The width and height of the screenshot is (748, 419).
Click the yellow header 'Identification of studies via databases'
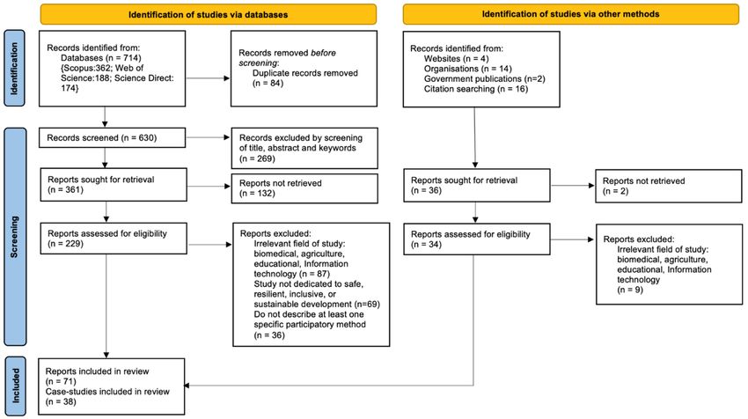pos(208,14)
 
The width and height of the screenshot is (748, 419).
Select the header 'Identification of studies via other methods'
pos(570,14)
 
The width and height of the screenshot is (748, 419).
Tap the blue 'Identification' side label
pos(14,68)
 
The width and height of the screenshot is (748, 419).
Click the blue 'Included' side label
pos(15,386)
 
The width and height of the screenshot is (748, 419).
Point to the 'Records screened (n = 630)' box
pos(112,137)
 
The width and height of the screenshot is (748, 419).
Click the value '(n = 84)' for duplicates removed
pos(268,83)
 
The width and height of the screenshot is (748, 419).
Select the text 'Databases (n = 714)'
pos(100,58)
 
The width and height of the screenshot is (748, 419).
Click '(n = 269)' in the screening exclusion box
pos(257,158)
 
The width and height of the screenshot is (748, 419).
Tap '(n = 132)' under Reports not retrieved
pos(257,194)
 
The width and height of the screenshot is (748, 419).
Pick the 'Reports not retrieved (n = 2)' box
pos(668,186)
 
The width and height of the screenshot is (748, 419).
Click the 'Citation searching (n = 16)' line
pos(475,89)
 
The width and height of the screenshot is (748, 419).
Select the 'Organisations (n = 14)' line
pos(467,69)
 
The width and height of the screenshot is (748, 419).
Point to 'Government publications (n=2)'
pos(484,78)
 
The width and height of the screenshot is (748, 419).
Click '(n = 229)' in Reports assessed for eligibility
pos(65,244)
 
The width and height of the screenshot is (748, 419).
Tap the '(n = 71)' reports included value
pos(61,381)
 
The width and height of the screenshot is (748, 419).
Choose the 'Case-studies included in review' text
pos(107,392)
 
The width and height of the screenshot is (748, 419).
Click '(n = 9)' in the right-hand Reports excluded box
pos(630,290)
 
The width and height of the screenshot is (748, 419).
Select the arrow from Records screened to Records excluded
pos(208,137)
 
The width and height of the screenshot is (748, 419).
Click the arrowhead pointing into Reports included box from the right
pos(186,386)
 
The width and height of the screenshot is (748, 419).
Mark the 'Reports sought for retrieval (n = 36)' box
pos(477,185)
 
